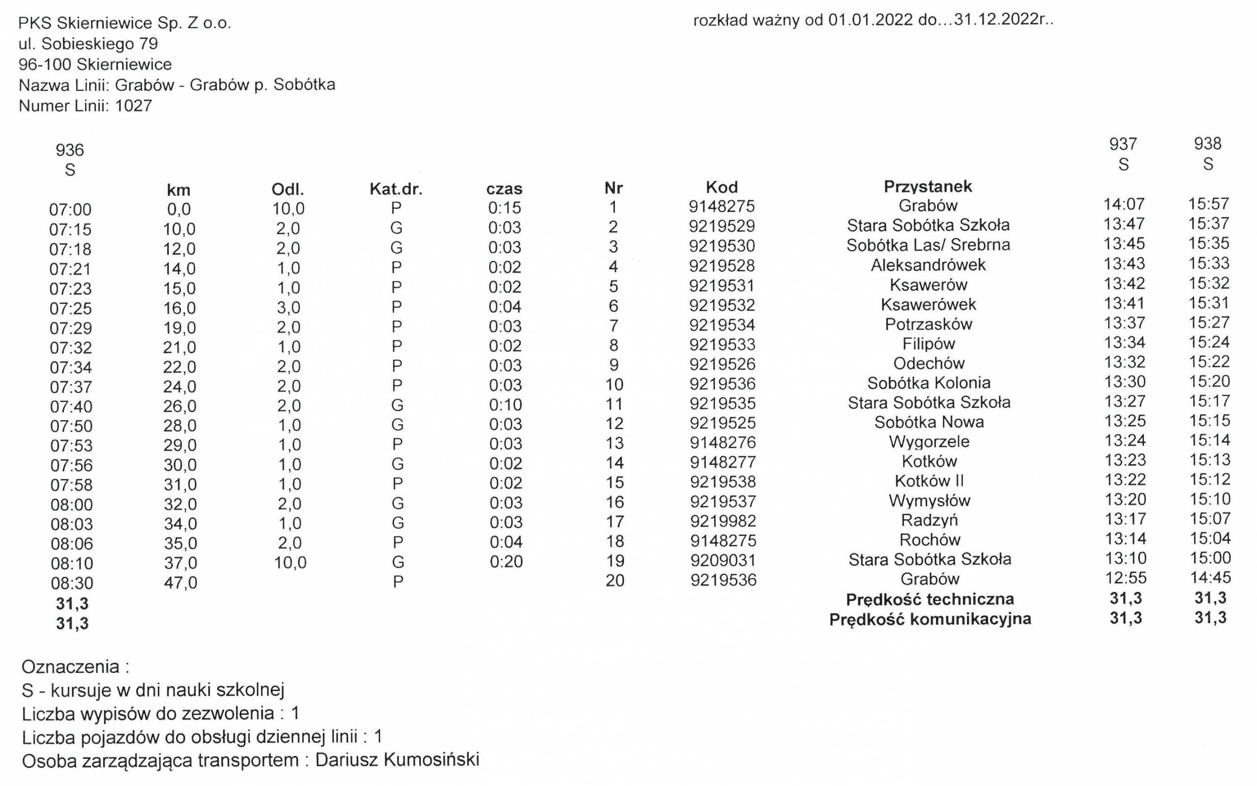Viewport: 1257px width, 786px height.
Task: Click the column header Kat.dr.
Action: coord(396,188)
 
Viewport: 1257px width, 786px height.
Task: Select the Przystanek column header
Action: coord(927,186)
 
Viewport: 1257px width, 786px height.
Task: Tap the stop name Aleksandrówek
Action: coord(928,265)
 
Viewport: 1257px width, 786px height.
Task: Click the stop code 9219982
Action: coord(723,521)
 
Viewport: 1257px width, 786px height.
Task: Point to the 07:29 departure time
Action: coord(71,328)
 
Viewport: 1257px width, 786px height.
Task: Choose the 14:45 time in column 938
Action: coord(1209,577)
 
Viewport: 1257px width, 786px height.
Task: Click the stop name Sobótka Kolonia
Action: coord(928,383)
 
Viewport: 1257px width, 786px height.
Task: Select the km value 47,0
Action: coord(180,582)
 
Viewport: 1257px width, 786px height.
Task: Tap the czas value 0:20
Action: coord(506,561)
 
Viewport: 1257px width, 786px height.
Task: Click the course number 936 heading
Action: coord(70,150)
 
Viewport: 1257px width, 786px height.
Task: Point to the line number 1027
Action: coord(134,106)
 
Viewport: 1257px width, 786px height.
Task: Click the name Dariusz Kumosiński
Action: coord(397,759)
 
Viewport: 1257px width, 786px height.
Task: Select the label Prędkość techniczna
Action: coord(929,600)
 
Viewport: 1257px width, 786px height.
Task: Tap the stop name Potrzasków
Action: coord(928,324)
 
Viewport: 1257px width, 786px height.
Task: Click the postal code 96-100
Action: coord(46,64)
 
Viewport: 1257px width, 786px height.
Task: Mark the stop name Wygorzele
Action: coord(929,442)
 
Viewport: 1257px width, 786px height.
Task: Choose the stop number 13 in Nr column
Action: coord(614,443)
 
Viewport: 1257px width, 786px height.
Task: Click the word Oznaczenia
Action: coord(70,666)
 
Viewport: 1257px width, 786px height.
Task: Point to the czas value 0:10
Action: coord(505,405)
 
